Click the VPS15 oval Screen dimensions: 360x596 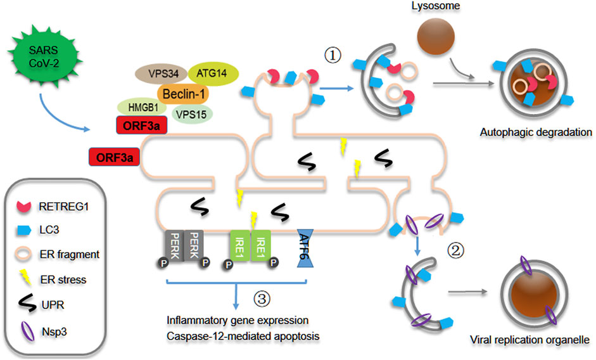[192, 114]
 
